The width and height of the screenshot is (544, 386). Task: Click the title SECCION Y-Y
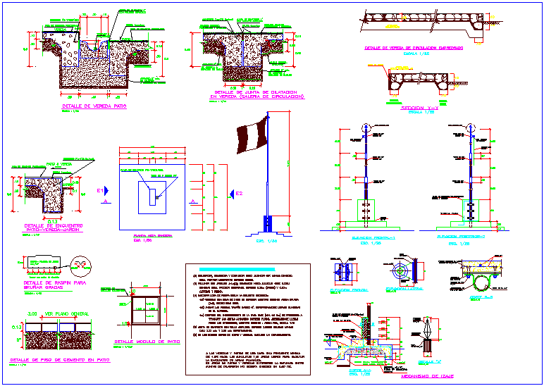(x=420, y=106)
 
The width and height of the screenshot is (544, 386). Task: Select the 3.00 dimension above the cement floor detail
(x=31, y=313)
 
